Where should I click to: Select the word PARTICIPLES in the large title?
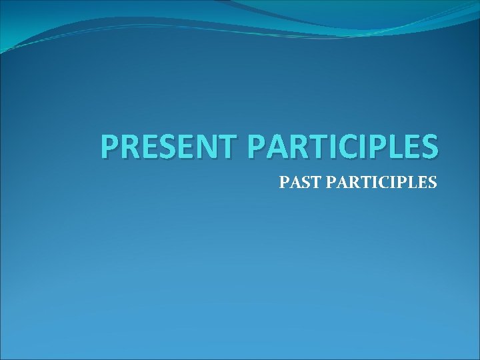coord(343,147)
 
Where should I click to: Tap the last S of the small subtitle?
coord(433,181)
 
